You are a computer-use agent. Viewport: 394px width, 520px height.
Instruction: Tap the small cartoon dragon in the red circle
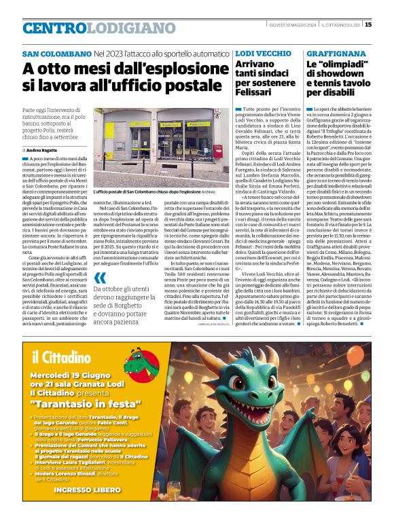pos(137,360)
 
